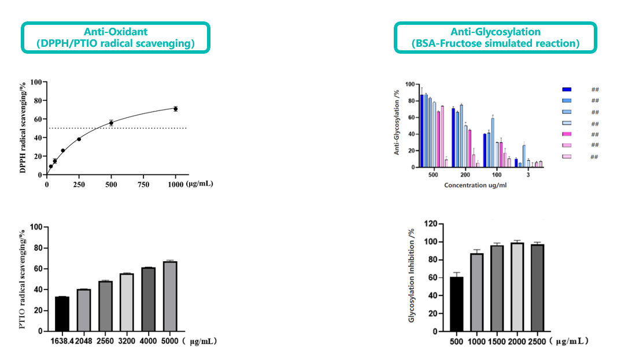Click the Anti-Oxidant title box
[116, 38]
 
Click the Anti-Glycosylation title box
[495, 38]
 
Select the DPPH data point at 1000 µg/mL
[175, 109]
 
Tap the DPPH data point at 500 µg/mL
[111, 123]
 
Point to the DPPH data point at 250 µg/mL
[79, 139]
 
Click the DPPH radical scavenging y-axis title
[23, 128]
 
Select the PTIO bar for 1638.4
[62, 314]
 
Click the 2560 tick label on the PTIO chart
[105, 342]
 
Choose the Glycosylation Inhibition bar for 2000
[517, 287]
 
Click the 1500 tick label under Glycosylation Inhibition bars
[497, 342]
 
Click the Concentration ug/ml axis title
[476, 185]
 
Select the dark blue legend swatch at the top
[567, 90]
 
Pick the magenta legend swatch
[567, 134]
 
